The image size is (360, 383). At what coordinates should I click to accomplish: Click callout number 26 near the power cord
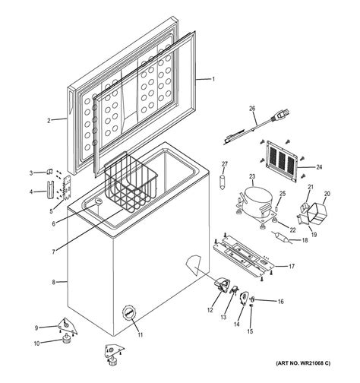click(252, 109)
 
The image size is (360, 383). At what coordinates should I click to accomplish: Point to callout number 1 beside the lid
click(213, 80)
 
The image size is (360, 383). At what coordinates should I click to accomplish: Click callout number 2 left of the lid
click(48, 120)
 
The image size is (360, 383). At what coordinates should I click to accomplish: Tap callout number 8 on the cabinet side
click(54, 283)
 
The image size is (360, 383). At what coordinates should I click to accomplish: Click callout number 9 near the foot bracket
click(36, 328)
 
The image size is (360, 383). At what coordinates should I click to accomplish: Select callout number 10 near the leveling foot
click(36, 343)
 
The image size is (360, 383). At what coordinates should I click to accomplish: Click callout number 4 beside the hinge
click(31, 191)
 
